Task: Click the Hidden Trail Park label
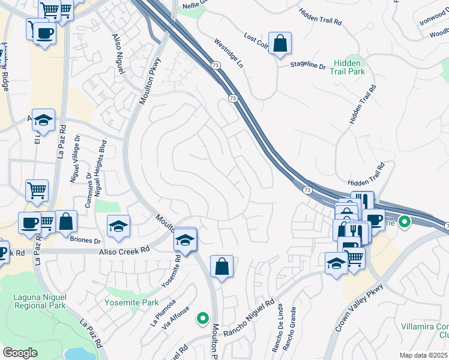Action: (x=347, y=67)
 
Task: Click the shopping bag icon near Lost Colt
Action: (x=280, y=43)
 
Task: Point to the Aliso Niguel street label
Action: (x=118, y=53)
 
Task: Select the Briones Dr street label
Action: (x=86, y=241)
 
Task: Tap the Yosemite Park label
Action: (x=132, y=303)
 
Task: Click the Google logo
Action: (x=20, y=353)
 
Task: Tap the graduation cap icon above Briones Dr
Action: (x=119, y=226)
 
